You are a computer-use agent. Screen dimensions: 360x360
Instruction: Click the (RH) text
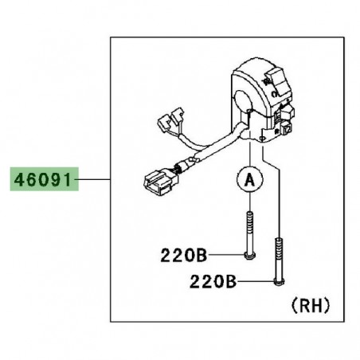click(x=306, y=305)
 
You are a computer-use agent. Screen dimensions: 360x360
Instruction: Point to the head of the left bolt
click(x=248, y=254)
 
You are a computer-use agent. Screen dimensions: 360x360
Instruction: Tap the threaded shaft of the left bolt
click(x=248, y=231)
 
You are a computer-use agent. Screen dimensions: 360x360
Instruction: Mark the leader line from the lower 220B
click(x=255, y=281)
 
